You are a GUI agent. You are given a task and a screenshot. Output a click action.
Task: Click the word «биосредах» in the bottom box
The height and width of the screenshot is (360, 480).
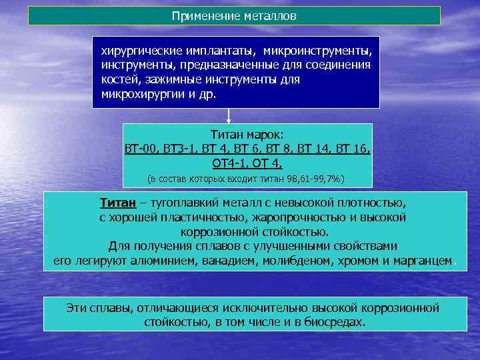click(x=336, y=322)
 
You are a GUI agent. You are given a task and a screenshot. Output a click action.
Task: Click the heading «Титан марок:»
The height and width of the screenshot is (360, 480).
click(x=247, y=134)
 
